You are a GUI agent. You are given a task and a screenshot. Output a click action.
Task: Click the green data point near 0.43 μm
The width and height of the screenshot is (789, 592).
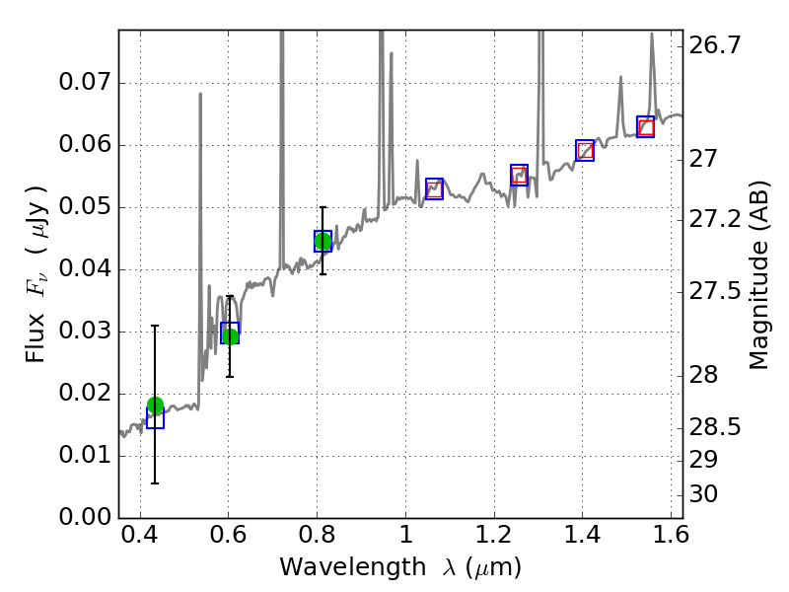click(155, 406)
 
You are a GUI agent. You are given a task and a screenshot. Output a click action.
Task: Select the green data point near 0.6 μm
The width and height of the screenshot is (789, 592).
click(230, 335)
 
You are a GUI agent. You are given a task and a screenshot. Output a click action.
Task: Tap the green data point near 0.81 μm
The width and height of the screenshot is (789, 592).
click(323, 242)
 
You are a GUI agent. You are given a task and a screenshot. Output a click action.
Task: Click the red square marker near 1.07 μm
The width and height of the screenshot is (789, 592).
click(434, 188)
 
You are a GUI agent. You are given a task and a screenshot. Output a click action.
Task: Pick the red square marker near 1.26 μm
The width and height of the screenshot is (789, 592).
click(519, 176)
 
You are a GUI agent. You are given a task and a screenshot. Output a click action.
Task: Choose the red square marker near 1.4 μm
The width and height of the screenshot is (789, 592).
click(585, 151)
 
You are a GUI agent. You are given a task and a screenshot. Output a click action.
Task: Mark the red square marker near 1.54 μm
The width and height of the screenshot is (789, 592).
click(645, 127)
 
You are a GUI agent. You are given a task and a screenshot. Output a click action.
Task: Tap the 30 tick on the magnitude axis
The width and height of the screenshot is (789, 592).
click(707, 494)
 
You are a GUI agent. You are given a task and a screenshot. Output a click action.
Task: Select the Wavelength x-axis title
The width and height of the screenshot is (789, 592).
click(399, 567)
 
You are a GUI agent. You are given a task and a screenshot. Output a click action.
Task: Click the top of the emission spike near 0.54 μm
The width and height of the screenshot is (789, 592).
click(200, 95)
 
